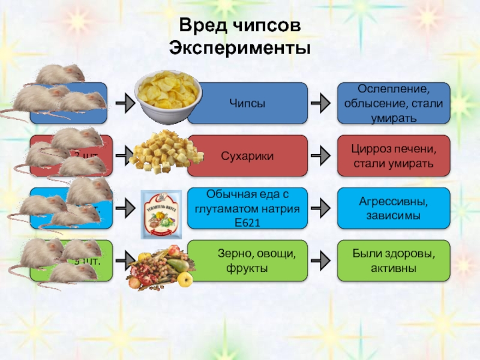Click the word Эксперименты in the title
(x=239, y=47)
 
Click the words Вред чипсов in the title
(x=239, y=26)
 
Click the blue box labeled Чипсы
(x=247, y=103)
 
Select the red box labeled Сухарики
(x=247, y=155)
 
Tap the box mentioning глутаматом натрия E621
(x=247, y=208)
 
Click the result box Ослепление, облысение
(x=394, y=103)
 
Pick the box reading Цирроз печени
(x=394, y=155)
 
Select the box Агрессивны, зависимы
(x=394, y=208)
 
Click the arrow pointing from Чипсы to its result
(x=322, y=103)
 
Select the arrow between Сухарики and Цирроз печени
(x=322, y=155)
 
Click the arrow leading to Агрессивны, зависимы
(x=322, y=208)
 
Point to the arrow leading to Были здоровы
(x=322, y=261)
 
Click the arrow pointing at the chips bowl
(x=125, y=103)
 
